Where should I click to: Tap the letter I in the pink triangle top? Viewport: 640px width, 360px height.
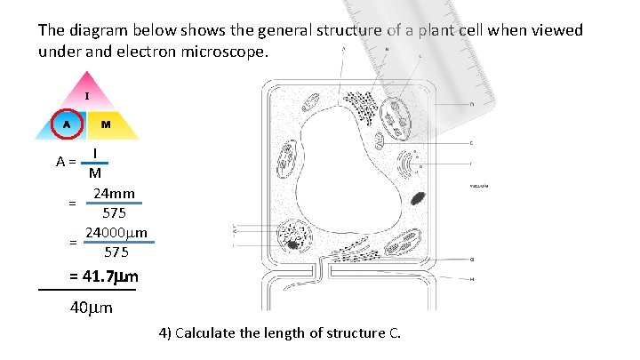86,94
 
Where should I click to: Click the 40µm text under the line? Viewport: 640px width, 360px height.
91,308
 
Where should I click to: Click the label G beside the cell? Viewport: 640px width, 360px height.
471,260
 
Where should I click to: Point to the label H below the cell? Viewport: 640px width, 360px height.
471,279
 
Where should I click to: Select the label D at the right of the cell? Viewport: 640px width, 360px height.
470,104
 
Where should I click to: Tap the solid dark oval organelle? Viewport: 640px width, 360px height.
418,200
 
